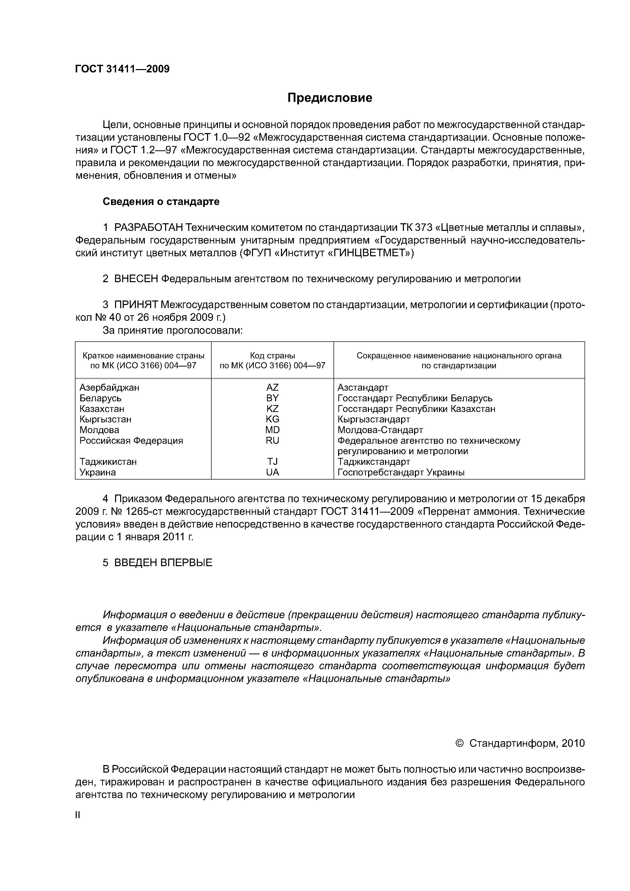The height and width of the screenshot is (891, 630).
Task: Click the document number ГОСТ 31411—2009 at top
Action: (x=122, y=69)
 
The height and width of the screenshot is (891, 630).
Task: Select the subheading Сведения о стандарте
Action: (x=161, y=201)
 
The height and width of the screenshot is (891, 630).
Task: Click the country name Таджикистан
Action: (x=108, y=462)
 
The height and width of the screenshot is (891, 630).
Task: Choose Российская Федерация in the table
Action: (x=131, y=440)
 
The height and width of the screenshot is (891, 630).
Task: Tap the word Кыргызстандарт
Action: (x=373, y=419)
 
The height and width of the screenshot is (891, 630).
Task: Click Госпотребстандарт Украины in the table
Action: (x=401, y=472)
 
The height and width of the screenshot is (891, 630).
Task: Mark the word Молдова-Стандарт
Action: (x=380, y=430)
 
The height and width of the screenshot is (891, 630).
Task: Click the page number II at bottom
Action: (x=78, y=815)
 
